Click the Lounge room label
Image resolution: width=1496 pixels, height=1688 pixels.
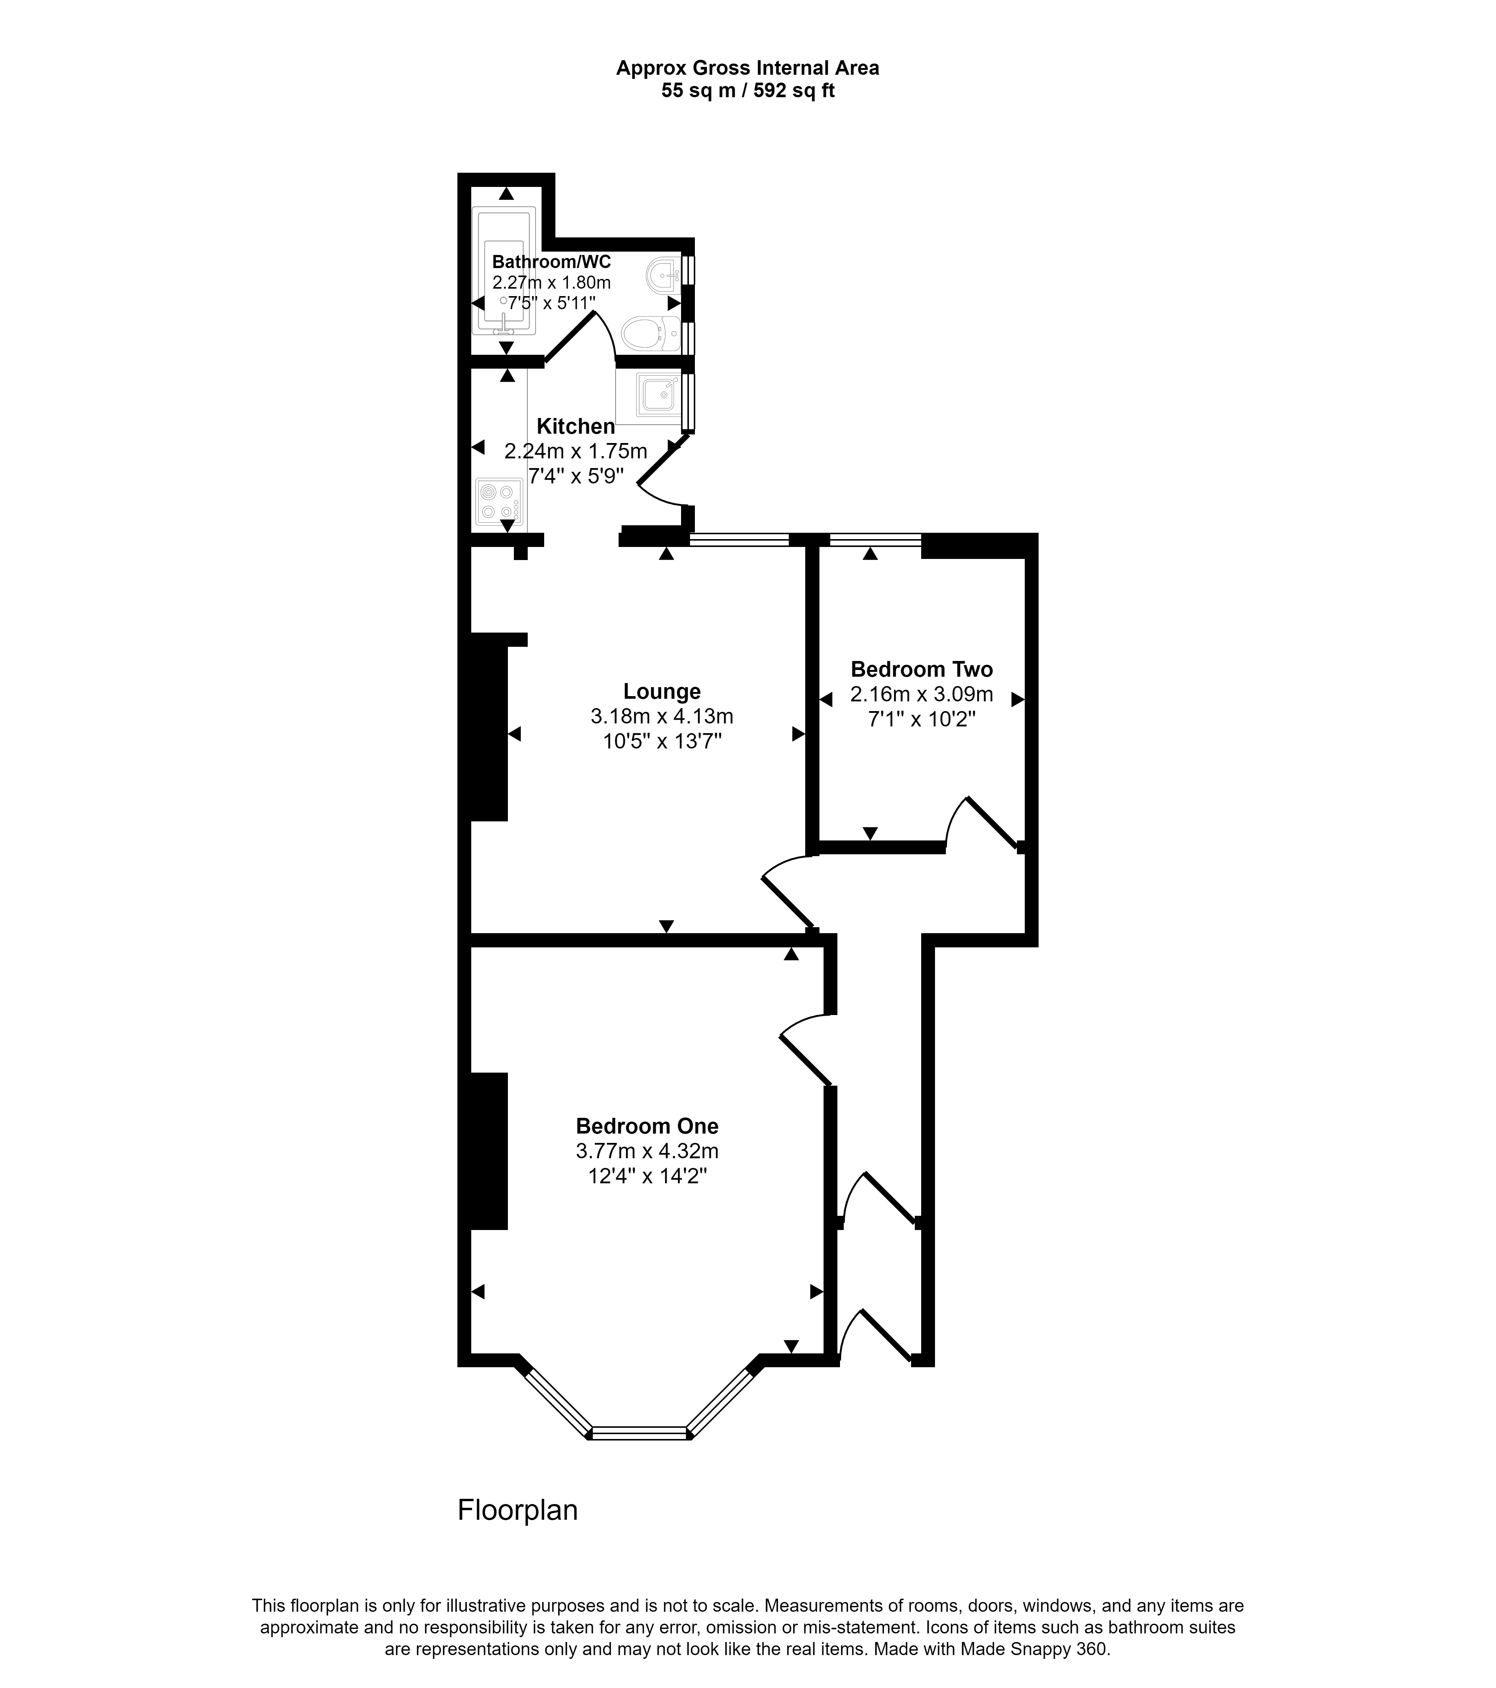pos(662,691)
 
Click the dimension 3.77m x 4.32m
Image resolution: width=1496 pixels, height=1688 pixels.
pos(647,1150)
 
